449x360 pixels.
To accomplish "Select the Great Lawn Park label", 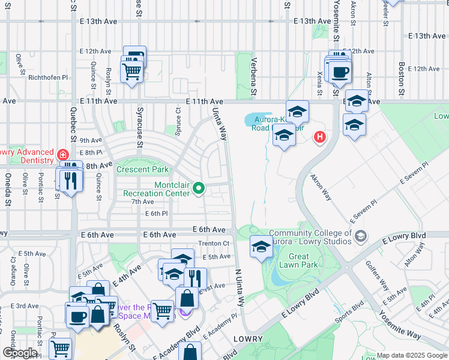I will (301, 260).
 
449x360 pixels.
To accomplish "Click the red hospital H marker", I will (320, 137).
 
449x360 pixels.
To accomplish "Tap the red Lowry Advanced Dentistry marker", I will (62, 155).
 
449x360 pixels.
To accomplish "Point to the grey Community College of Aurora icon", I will (360, 234).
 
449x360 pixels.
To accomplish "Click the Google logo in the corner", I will (19, 353).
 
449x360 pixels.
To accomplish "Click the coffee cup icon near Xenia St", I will (341, 73).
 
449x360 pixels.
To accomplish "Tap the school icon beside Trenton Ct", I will (261, 247).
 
